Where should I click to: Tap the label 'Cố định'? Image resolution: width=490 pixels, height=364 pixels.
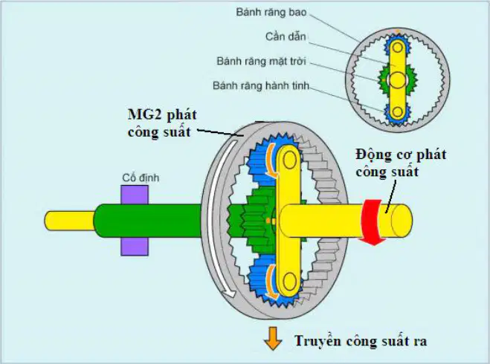(x=141, y=178)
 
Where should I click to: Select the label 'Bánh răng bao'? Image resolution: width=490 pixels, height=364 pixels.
(x=271, y=12)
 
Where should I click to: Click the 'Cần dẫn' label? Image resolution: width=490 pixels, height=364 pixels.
(x=286, y=36)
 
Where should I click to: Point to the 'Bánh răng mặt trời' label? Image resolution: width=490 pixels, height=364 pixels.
(x=261, y=61)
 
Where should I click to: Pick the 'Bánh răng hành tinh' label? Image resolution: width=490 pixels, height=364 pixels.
(x=261, y=85)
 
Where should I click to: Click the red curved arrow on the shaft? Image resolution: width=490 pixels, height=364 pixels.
(x=371, y=222)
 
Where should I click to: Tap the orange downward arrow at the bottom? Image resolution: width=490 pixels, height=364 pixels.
(x=273, y=339)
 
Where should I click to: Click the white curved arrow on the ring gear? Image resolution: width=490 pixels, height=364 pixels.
(x=217, y=218)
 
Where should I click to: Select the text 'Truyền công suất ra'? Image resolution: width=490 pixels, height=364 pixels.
(x=361, y=341)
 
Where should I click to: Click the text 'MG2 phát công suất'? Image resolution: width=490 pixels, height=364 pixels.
(x=162, y=123)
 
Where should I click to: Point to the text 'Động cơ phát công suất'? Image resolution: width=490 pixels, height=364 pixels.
(x=401, y=163)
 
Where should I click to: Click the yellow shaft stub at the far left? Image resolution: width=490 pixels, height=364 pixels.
(x=69, y=221)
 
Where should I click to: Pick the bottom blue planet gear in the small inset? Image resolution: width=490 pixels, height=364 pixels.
(x=398, y=111)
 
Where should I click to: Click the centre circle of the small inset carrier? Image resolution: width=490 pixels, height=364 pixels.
(x=398, y=80)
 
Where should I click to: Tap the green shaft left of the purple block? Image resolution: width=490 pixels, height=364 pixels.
(x=107, y=221)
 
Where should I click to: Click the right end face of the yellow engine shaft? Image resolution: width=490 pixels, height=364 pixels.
(x=402, y=221)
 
